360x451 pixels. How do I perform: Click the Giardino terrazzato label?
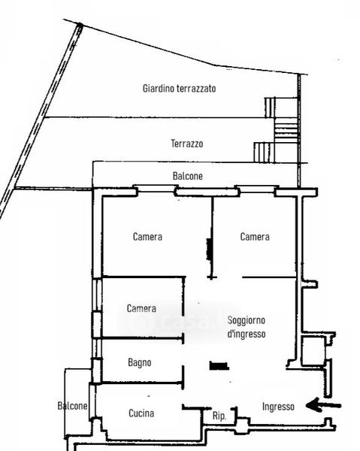tap(179, 88)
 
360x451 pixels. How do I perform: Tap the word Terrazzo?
tap(187, 144)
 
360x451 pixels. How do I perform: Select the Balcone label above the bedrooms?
tap(187, 176)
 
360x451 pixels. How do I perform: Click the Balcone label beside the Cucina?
tap(72, 406)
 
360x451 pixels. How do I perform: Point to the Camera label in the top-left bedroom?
tap(147, 237)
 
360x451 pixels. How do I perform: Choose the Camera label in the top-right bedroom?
tap(255, 237)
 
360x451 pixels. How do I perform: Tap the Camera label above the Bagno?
tap(141, 308)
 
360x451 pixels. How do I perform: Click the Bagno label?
tap(140, 363)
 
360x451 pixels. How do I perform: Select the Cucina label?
tap(141, 413)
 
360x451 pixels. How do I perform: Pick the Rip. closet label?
tap(219, 416)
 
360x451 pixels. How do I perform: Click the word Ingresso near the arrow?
tap(278, 407)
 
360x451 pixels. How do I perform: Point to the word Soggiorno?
tap(246, 320)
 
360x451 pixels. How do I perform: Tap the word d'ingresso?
tap(246, 334)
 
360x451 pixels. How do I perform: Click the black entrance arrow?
tap(323, 406)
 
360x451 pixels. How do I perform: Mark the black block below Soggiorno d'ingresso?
tap(219, 365)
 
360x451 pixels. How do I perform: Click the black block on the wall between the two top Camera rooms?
tap(210, 250)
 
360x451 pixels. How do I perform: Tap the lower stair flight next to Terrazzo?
tap(264, 153)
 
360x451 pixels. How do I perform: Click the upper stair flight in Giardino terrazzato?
tap(270, 107)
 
